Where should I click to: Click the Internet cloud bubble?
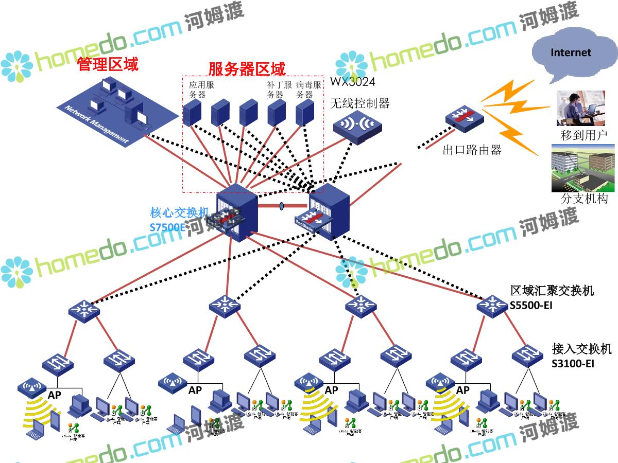pyautogui.click(x=571, y=53)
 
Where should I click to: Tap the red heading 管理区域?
pyautogui.click(x=108, y=64)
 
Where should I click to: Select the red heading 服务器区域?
pyautogui.click(x=247, y=68)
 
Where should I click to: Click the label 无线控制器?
pyautogui.click(x=359, y=103)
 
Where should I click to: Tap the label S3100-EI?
pyautogui.click(x=573, y=364)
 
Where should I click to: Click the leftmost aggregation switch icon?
pyautogui.click(x=83, y=310)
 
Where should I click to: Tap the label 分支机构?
pyautogui.click(x=584, y=199)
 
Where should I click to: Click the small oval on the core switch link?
pyautogui.click(x=282, y=206)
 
